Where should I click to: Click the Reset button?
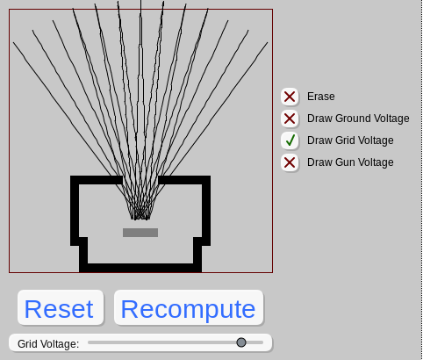pos(61,307)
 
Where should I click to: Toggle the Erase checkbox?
pos(290,97)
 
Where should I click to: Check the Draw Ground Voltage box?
pos(290,119)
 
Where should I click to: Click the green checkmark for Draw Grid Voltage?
pos(290,140)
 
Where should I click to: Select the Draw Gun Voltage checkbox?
pos(290,162)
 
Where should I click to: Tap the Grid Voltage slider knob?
pos(241,342)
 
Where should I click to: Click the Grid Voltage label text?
pos(48,344)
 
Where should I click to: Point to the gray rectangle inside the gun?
pos(140,233)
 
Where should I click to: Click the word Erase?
pos(320,97)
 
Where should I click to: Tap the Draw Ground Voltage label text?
pos(358,119)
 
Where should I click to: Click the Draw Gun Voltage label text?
pos(350,162)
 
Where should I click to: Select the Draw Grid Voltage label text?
pos(350,140)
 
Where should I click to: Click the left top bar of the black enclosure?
pos(97,180)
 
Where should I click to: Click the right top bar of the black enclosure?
pos(184,180)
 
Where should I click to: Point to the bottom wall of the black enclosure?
pos(140,268)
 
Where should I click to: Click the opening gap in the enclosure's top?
pos(140,180)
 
